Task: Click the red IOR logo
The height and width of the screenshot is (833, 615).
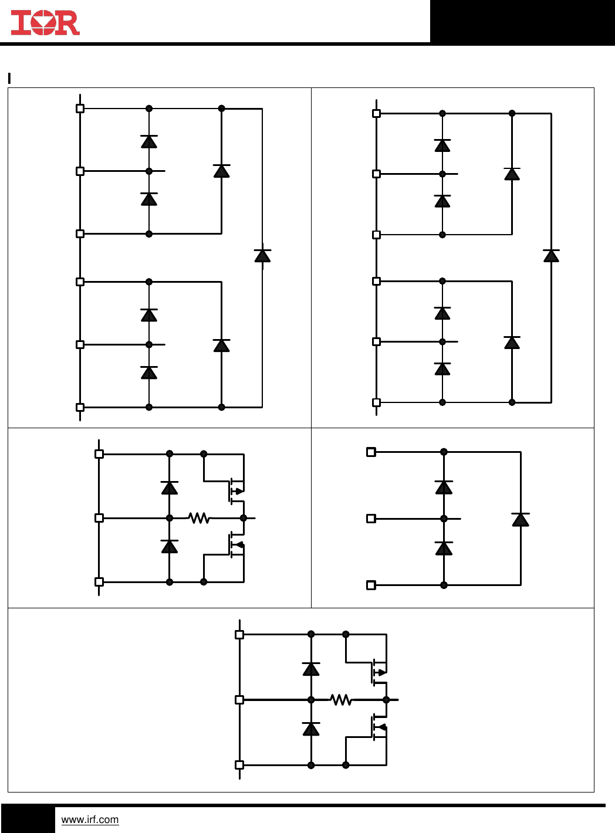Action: click(45, 23)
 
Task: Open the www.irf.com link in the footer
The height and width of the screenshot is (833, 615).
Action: click(90, 820)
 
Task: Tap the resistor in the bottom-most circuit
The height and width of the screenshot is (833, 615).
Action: click(341, 700)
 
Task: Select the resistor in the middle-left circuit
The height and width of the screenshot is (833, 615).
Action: click(199, 518)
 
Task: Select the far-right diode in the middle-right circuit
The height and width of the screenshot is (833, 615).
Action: click(521, 519)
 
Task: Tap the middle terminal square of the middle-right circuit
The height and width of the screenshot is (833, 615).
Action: click(371, 519)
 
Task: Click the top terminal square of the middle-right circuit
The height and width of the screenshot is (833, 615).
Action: click(371, 452)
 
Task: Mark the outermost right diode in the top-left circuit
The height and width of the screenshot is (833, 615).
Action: click(262, 255)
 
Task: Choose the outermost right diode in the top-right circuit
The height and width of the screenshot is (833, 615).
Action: click(551, 255)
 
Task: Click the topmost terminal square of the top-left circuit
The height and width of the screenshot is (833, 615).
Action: click(80, 109)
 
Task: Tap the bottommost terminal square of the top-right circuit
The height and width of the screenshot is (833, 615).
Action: click(377, 402)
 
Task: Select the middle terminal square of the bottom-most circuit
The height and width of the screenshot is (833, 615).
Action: click(239, 700)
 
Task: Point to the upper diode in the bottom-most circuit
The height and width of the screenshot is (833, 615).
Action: click(311, 669)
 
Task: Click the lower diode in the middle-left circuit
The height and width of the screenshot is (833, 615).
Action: click(170, 547)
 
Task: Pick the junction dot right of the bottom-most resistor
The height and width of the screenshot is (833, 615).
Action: click(386, 700)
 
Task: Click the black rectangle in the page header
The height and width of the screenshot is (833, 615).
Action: click(522, 22)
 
